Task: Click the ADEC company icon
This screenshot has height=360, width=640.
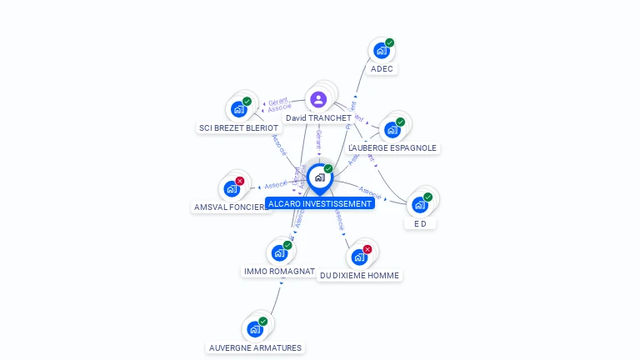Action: tap(381, 50)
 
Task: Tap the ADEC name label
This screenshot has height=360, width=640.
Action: tap(382, 68)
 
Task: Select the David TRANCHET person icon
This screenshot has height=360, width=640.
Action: tap(318, 99)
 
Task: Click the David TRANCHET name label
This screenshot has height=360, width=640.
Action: tap(318, 118)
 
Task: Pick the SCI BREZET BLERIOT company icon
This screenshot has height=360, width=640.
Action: tap(238, 108)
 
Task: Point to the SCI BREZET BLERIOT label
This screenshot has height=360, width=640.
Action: tap(238, 127)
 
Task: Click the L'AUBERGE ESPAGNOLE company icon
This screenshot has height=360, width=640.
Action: tap(392, 129)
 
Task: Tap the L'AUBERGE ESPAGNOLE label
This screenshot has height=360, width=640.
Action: tap(392, 147)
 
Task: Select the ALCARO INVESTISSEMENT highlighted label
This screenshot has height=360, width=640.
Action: tap(320, 203)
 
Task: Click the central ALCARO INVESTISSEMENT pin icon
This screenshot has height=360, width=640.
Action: tap(319, 177)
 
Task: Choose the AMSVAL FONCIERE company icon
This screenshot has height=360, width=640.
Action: tap(231, 188)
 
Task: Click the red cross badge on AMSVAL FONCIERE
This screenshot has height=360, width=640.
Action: tap(240, 181)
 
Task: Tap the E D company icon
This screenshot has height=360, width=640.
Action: tap(419, 204)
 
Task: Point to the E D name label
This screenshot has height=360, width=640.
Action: tap(420, 223)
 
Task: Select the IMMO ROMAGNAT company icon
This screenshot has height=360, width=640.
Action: tap(278, 252)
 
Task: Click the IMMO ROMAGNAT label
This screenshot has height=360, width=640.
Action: tap(279, 272)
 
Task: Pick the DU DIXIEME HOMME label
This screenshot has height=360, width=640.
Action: tap(359, 275)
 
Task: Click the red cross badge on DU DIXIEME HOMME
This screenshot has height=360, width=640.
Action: tap(367, 249)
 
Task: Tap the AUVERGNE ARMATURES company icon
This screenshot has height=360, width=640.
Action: tap(254, 328)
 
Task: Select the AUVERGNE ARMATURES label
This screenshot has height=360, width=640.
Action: tap(255, 347)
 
